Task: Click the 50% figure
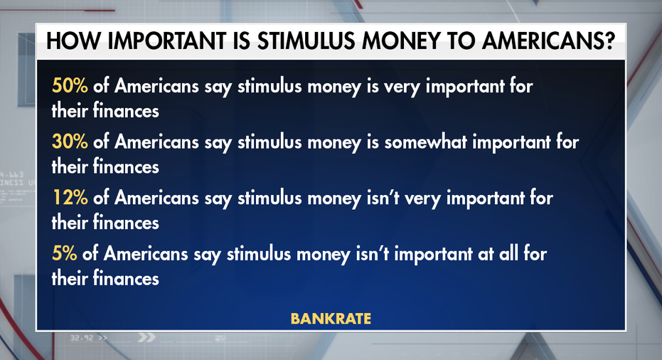pos(70,86)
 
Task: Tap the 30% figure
pos(70,142)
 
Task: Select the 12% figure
pos(70,197)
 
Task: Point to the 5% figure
pos(64,253)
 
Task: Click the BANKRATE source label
pos(331,318)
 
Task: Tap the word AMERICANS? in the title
pos(548,41)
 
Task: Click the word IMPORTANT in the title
pos(167,41)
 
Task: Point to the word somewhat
pos(425,142)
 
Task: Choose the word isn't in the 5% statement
pos(373,253)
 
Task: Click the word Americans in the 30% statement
pos(156,142)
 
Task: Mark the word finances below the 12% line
pos(126,222)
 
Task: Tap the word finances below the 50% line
pos(126,111)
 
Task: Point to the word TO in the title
pos(461,41)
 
